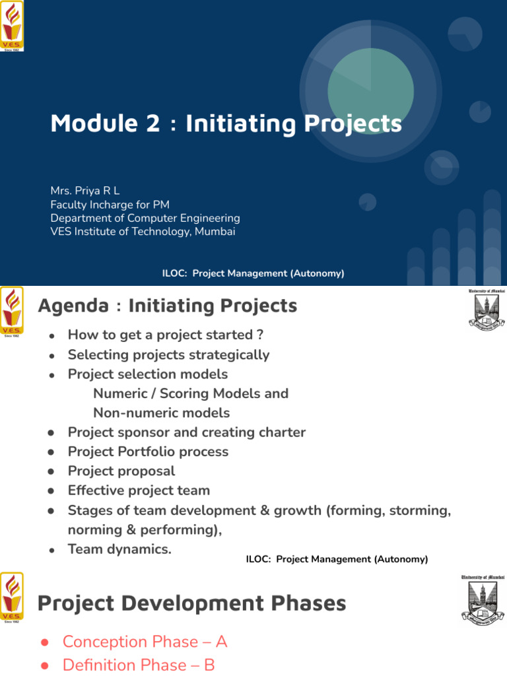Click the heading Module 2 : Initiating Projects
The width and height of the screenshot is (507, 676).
226,123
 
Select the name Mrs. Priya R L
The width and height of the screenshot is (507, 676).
85,191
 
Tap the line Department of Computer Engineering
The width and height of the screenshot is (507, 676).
145,218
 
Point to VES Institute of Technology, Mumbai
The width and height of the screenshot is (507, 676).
143,232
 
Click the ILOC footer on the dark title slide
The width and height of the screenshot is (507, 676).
253,273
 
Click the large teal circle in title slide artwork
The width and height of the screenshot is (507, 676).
371,91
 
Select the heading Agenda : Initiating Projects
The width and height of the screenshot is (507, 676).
167,306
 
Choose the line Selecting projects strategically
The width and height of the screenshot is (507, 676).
168,355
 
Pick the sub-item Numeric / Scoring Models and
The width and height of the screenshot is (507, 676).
191,393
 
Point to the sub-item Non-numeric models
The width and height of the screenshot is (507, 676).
162,413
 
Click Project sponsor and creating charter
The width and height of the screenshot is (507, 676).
187,432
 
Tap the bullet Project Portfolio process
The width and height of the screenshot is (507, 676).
148,452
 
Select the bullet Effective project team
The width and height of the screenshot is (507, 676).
139,490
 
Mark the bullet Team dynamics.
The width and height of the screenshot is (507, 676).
119,549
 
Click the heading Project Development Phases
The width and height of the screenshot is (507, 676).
191,603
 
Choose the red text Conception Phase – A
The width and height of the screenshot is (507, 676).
145,642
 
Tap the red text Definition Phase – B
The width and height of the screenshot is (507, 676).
139,665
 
